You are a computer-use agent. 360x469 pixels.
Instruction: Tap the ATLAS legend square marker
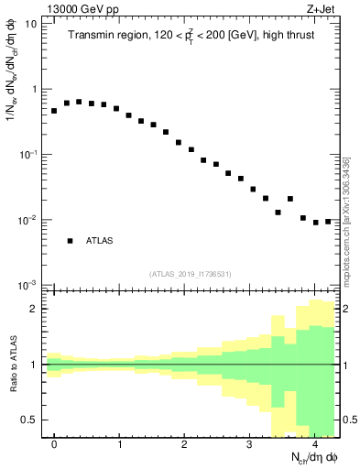pyautogui.click(x=70, y=241)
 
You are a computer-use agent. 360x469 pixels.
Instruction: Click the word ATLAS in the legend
pyautogui.click(x=99, y=241)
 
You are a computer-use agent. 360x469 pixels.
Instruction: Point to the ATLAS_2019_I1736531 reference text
pyautogui.click(x=191, y=274)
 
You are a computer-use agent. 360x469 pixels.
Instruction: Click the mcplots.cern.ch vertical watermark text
pyautogui.click(x=346, y=220)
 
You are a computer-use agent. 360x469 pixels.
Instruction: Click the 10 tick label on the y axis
pyautogui.click(x=31, y=24)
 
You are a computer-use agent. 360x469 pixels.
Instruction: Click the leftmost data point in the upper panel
pyautogui.click(x=54, y=111)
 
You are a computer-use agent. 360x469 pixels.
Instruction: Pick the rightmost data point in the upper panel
pyautogui.click(x=328, y=221)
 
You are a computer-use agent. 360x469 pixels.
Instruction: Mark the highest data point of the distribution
pyautogui.click(x=79, y=102)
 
